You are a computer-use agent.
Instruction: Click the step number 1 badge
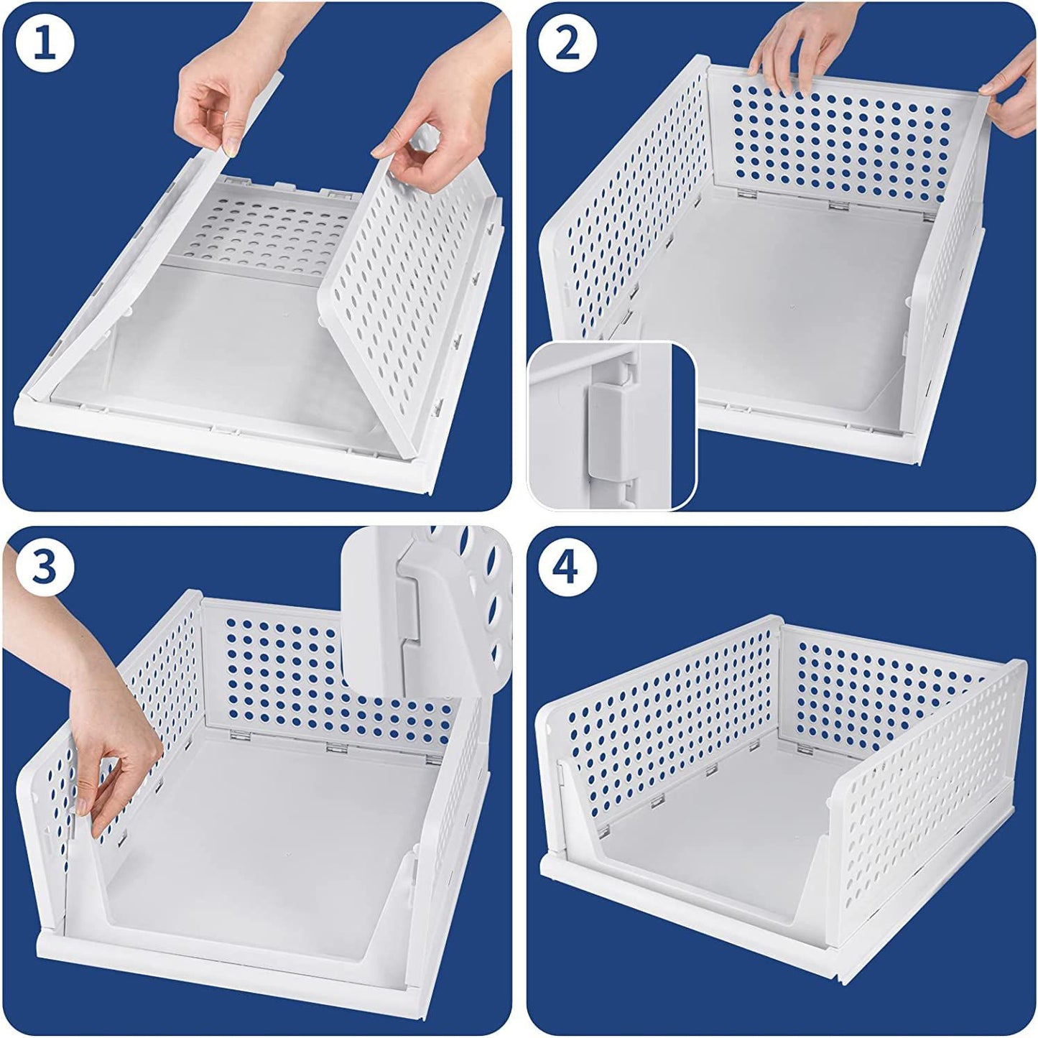pyautogui.click(x=45, y=45)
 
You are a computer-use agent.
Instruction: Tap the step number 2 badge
pyautogui.click(x=567, y=45)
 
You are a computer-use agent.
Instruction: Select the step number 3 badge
pyautogui.click(x=45, y=568)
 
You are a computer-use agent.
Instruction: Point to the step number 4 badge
pyautogui.click(x=567, y=568)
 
